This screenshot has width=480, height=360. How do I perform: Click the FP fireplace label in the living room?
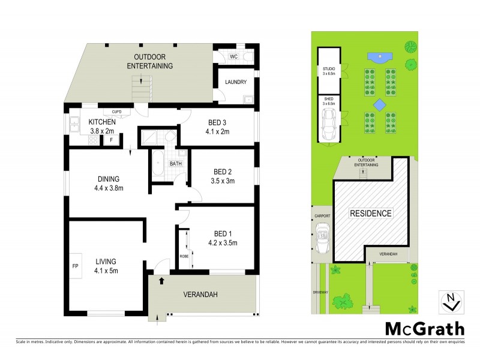75,265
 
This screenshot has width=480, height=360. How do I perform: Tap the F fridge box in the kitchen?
111,140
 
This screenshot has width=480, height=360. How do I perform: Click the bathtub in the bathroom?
158,164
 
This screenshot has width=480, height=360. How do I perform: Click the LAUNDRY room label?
236,82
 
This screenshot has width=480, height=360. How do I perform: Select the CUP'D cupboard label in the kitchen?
116,112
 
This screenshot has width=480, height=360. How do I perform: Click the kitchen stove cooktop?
94,141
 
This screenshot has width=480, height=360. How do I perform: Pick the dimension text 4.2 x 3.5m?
223,243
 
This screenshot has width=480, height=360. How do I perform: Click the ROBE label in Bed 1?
184,257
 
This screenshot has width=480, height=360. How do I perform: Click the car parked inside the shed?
329,126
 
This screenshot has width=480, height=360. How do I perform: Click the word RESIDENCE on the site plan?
370,213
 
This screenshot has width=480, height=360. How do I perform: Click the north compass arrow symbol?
449,302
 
